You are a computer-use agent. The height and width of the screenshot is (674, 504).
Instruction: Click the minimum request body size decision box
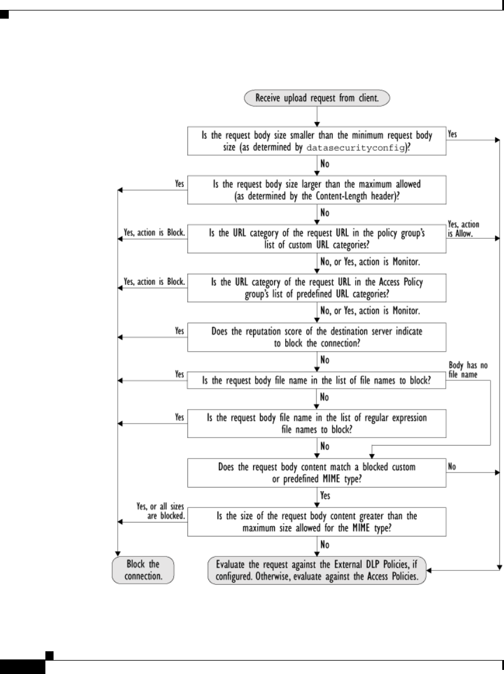[x=316, y=142]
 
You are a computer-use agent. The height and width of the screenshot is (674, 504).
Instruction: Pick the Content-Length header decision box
[x=316, y=190]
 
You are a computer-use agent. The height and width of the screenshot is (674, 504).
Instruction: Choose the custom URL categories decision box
[x=316, y=239]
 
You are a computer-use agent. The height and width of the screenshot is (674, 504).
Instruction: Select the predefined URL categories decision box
[x=316, y=287]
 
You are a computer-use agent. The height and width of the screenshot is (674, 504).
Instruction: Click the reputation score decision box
[x=316, y=336]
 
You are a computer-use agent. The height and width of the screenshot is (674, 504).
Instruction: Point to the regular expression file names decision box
[x=316, y=424]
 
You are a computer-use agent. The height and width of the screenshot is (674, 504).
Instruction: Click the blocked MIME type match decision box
[x=316, y=472]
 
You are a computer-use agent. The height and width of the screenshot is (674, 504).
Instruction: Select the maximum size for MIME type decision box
[x=316, y=521]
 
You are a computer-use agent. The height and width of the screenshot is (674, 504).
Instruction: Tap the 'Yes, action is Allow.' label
[x=464, y=229]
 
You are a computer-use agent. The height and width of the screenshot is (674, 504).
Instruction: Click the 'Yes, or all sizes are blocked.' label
[x=158, y=511]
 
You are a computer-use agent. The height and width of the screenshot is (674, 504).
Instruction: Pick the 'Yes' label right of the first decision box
[x=453, y=133]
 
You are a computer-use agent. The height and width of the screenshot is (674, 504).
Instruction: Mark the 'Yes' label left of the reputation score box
[x=180, y=329]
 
